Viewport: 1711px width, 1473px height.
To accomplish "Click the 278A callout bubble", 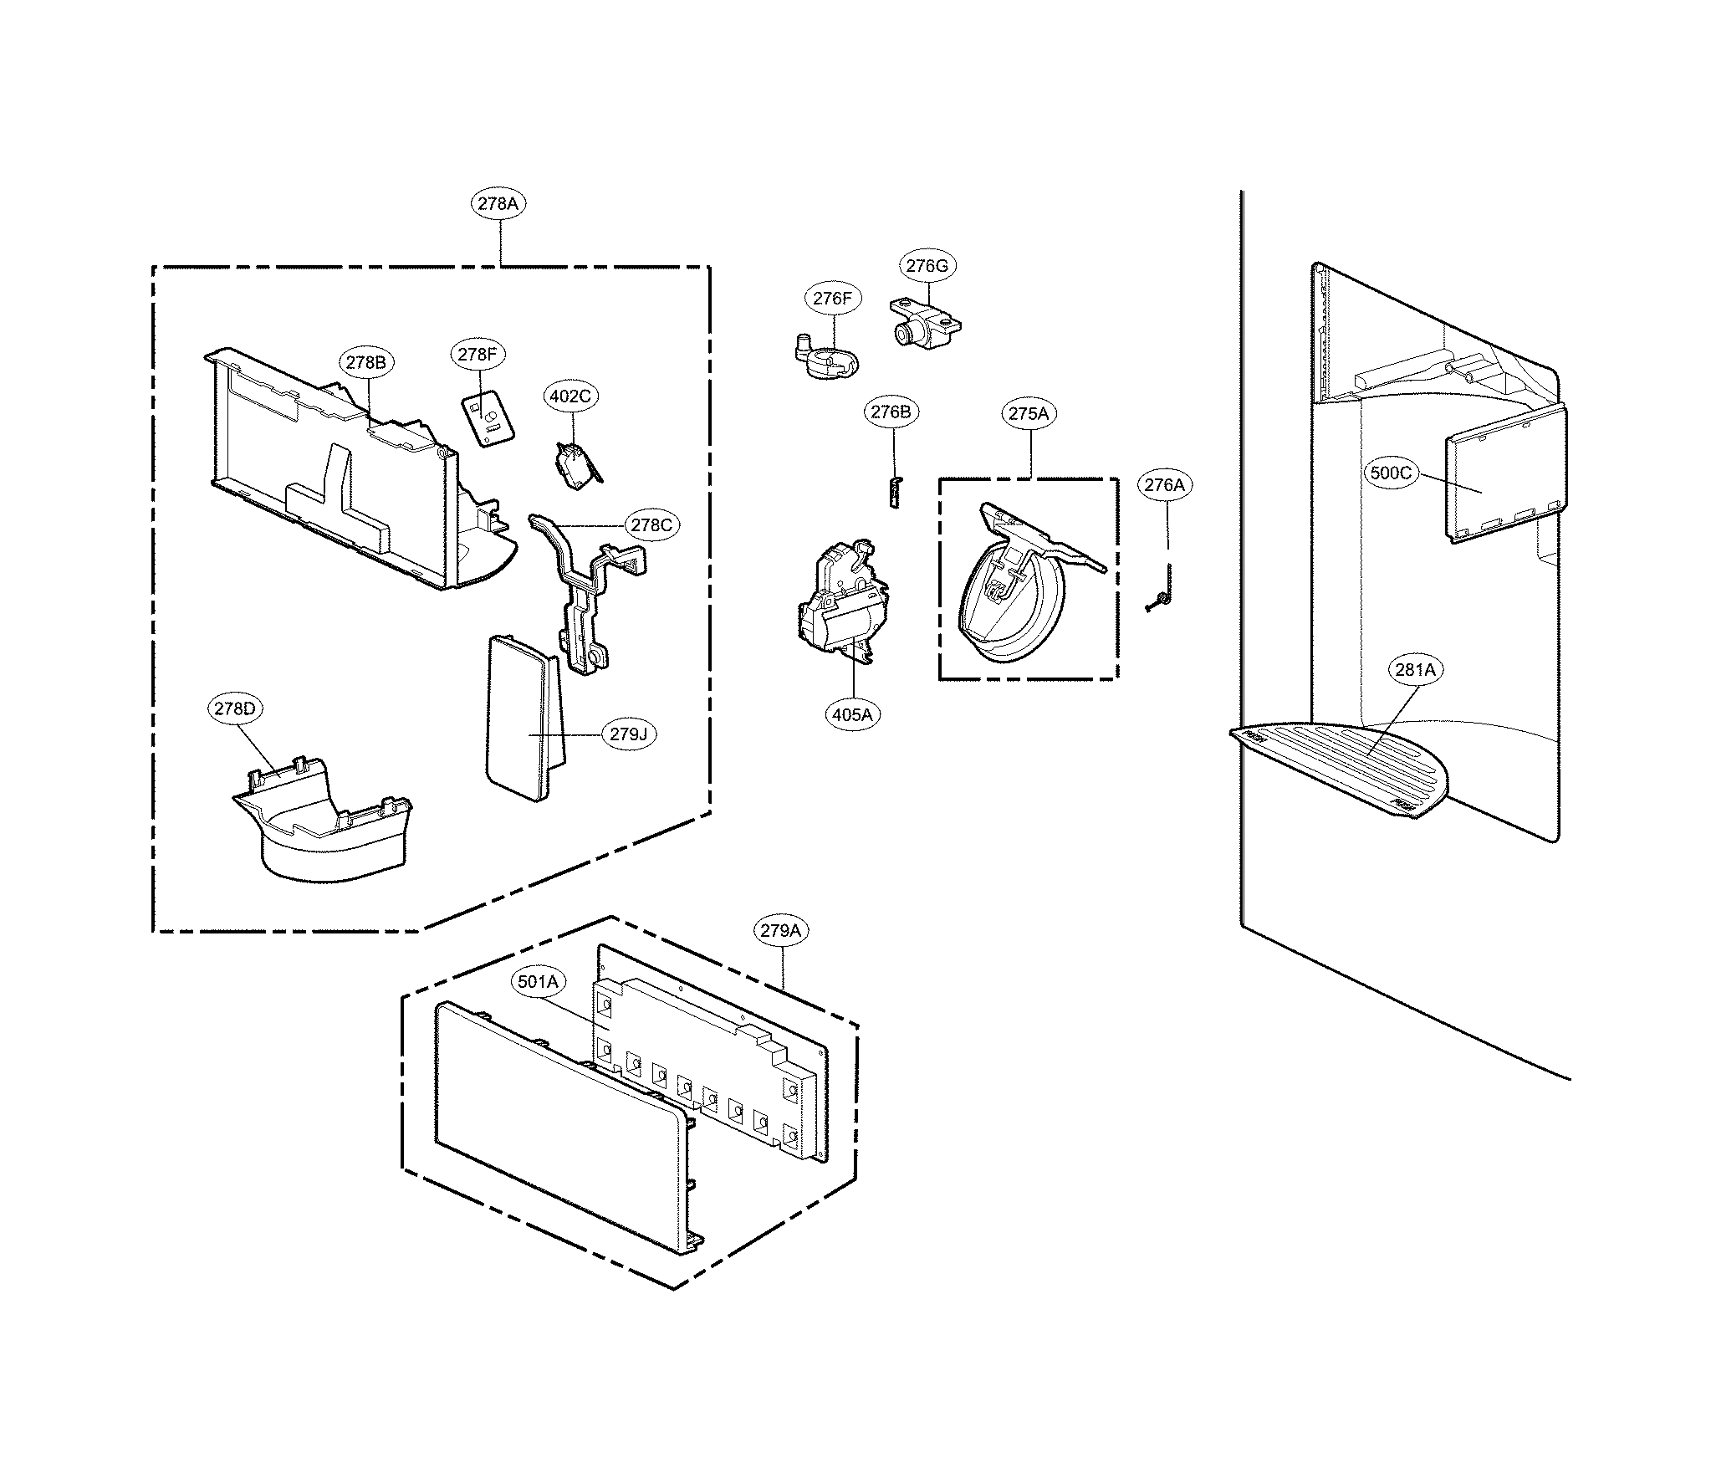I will pos(499,203).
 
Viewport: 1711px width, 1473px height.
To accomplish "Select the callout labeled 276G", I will pos(927,266).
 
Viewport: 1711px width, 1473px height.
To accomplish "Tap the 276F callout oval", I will pos(833,299).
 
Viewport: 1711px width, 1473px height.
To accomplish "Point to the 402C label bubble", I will pos(570,396).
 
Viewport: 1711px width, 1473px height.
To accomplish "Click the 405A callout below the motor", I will pos(852,714).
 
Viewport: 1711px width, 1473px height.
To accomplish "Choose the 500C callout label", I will pos(1391,473).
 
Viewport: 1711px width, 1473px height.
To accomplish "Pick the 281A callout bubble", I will pos(1415,669).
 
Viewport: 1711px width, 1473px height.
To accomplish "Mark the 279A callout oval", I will pos(782,930).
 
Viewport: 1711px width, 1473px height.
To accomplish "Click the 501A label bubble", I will pos(538,982).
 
